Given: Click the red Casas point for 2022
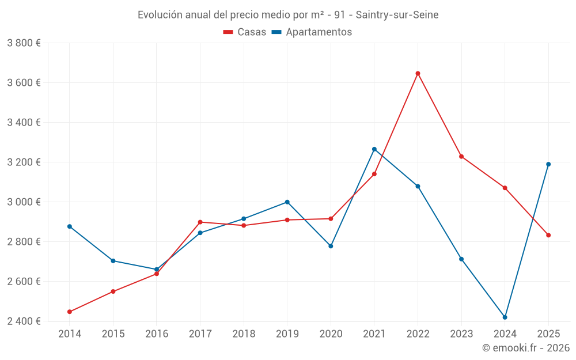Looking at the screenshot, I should [418, 73].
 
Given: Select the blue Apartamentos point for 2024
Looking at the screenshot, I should [505, 317].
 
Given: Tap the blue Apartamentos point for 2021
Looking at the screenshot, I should [374, 149].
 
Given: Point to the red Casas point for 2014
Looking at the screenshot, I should [70, 312].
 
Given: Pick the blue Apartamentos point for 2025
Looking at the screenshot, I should [548, 164].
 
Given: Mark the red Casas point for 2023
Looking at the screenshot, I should [461, 156].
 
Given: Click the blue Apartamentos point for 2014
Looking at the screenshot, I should [70, 226].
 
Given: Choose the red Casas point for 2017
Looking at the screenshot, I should [200, 222].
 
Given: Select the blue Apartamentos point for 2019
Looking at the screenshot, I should [287, 202].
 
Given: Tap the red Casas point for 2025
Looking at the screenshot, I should [548, 235].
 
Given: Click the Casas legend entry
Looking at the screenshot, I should [245, 32].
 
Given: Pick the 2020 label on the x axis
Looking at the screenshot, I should [331, 334].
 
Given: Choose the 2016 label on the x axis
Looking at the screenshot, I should [157, 334].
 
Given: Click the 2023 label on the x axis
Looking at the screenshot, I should [461, 334].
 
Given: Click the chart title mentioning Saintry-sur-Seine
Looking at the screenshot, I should [288, 15].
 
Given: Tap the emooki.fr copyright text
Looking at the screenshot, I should [526, 348].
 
